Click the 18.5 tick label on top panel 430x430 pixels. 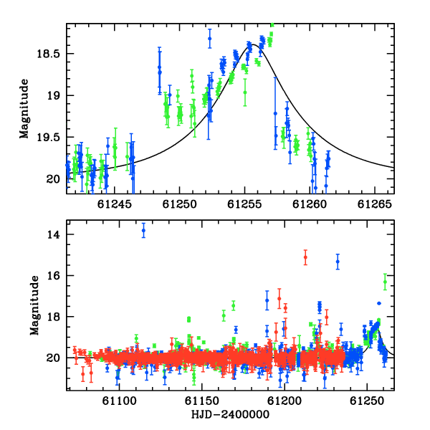(x=48, y=54)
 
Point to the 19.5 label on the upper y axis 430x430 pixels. (x=48, y=137)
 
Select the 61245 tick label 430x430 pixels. (x=115, y=204)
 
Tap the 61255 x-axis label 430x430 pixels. (x=244, y=204)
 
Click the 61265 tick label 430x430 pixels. (x=375, y=204)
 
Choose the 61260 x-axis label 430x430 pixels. (x=310, y=204)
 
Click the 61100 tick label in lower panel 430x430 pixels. (x=119, y=401)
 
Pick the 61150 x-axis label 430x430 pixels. (x=202, y=401)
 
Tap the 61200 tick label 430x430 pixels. (x=285, y=401)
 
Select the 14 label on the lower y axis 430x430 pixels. (x=53, y=234)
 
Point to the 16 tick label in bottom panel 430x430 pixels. (x=53, y=276)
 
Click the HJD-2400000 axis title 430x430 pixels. (x=230, y=414)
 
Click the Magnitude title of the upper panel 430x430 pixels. (x=24, y=109)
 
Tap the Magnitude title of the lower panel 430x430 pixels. (x=34, y=305)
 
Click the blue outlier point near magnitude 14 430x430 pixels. (x=143, y=230)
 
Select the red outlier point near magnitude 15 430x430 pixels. (x=305, y=257)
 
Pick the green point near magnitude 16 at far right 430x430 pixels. (x=385, y=282)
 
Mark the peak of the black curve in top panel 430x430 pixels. (x=253, y=44)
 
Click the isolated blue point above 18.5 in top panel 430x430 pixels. (x=210, y=39)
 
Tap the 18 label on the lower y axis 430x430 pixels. (x=53, y=317)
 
